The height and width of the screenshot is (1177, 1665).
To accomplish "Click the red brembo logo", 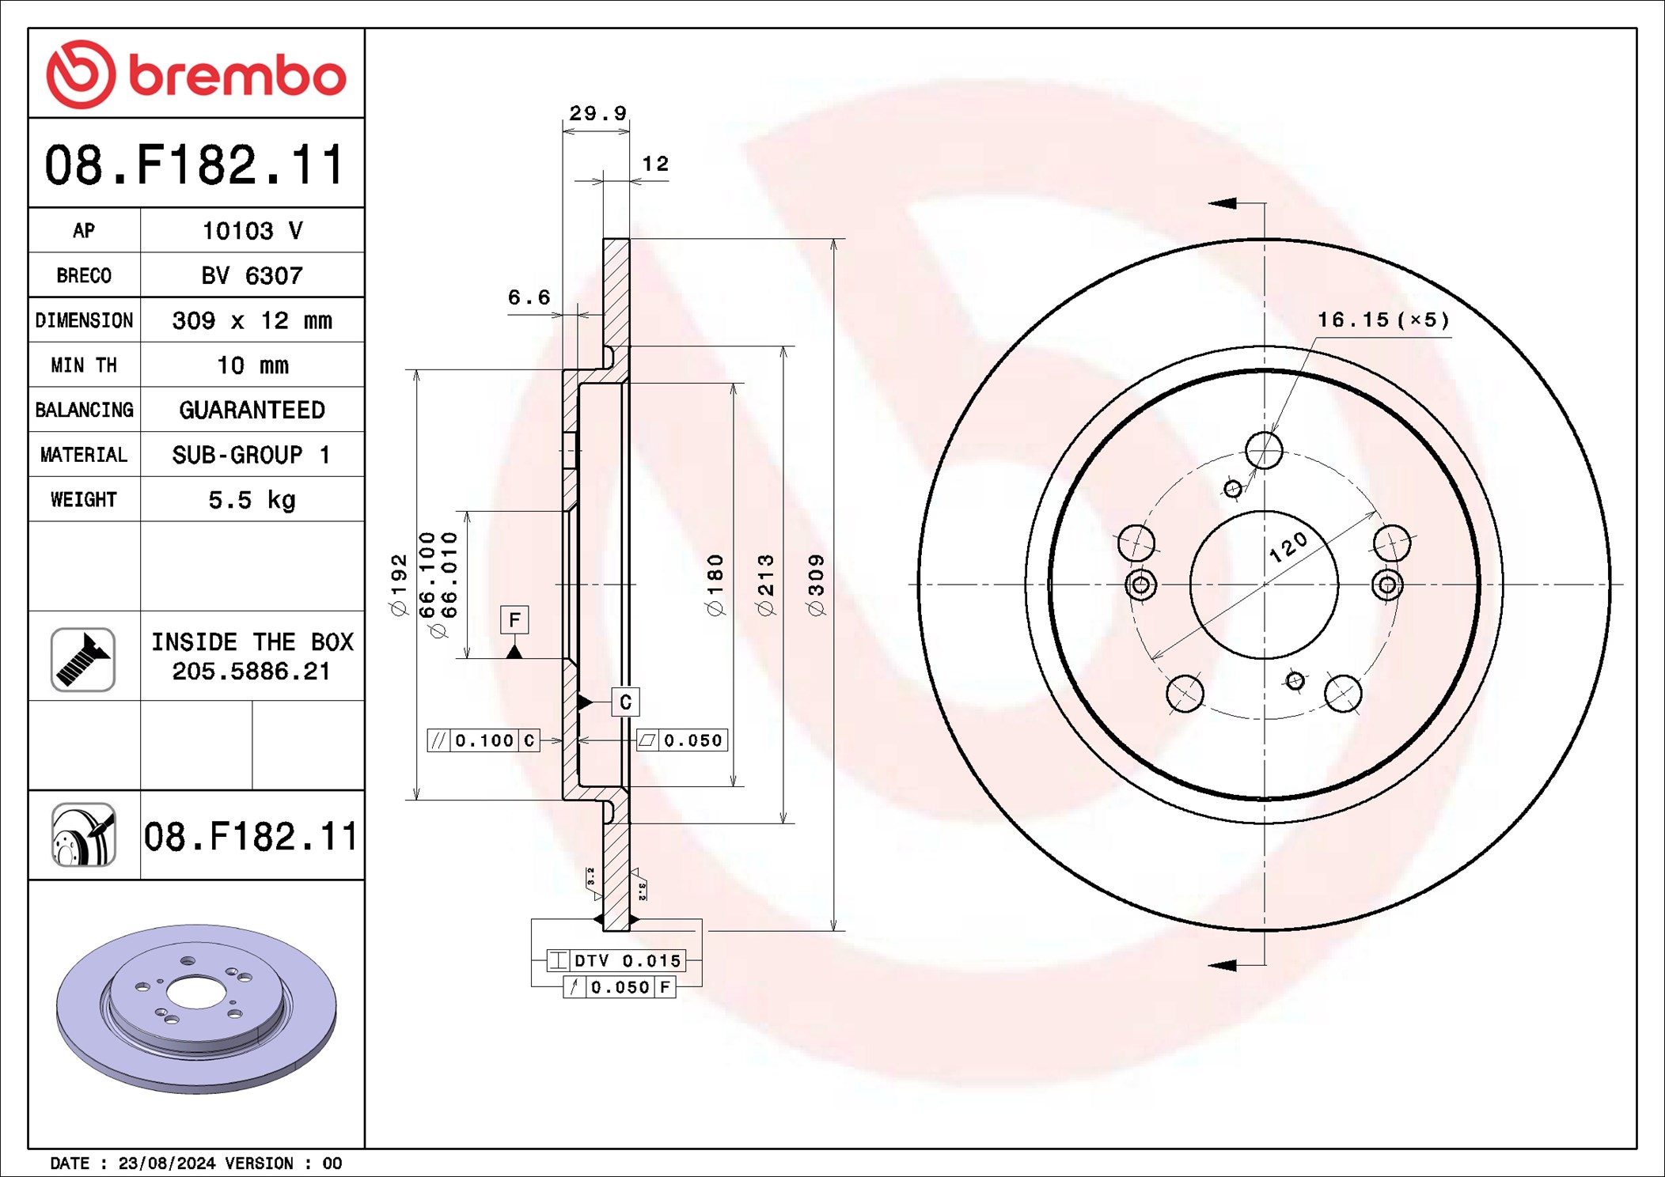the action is tap(196, 74).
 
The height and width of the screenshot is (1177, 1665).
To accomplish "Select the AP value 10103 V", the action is tap(252, 231).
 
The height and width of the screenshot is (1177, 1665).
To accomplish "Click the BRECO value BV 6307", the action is tap(252, 275).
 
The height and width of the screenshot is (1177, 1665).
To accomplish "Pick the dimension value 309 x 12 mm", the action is tap(252, 320).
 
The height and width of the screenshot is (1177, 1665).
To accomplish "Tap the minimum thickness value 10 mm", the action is tap(252, 365).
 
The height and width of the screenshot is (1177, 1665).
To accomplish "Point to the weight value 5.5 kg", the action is tap(252, 500).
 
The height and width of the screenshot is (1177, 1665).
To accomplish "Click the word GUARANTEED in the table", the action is tap(252, 410).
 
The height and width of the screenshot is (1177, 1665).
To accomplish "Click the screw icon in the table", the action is tap(83, 660).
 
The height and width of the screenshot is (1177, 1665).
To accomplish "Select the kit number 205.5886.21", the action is tap(251, 672).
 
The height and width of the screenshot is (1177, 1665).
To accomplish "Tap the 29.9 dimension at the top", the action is tap(598, 114).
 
